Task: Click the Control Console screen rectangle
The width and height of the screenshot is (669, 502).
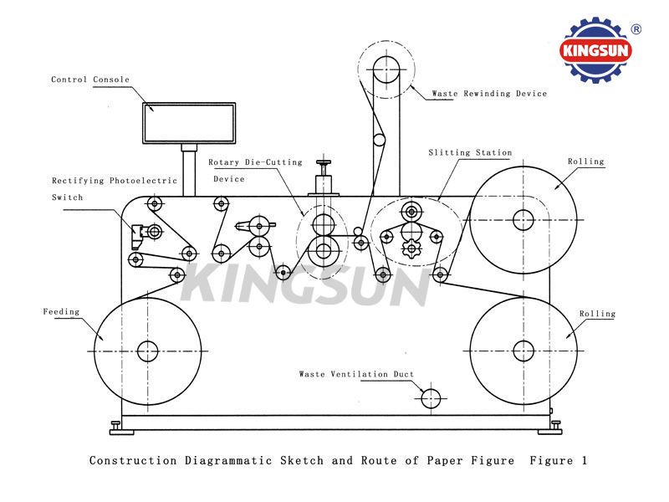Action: [x=189, y=123]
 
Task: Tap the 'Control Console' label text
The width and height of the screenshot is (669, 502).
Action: [x=90, y=79]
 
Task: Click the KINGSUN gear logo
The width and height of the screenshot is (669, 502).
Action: [x=595, y=50]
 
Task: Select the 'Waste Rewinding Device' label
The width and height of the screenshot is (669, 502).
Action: [x=489, y=94]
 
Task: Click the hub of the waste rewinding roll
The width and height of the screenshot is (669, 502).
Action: [x=386, y=69]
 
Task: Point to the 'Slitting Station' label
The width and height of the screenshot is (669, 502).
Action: [x=470, y=152]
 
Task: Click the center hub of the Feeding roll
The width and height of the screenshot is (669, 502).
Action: [x=148, y=351]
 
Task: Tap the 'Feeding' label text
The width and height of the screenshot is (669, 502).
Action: [x=61, y=311]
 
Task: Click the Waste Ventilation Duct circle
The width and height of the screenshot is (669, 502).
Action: [x=431, y=399]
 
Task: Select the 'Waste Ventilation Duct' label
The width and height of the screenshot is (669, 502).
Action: [x=356, y=374]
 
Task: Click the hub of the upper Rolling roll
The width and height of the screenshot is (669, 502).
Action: [x=523, y=220]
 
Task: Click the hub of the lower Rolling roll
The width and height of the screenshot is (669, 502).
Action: [x=523, y=351]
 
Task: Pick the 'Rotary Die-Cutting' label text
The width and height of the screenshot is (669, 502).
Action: [x=255, y=162]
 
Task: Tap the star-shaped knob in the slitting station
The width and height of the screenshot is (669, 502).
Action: [x=411, y=248]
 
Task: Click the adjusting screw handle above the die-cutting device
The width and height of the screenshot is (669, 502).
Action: [x=324, y=162]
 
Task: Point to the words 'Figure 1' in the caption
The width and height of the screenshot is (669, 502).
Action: [x=558, y=461]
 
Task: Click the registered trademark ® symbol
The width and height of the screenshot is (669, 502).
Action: [x=636, y=29]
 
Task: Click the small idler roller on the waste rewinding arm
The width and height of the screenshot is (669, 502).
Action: [x=379, y=140]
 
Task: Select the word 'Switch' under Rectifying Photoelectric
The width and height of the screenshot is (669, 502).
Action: [x=68, y=197]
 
